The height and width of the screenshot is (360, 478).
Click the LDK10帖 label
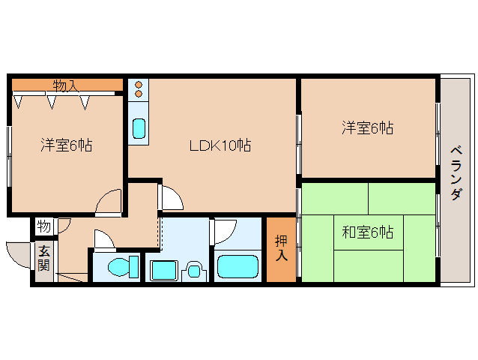pyautogui.click(x=219, y=145)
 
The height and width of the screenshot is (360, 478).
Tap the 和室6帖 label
pyautogui.click(x=367, y=232)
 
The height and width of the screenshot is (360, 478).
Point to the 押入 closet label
pyautogui.click(x=281, y=248)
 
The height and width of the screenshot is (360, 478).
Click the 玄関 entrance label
pyautogui.click(x=44, y=259)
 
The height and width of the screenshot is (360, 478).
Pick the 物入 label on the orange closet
pyautogui.click(x=65, y=85)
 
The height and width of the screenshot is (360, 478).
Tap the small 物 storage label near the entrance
pyautogui.click(x=44, y=226)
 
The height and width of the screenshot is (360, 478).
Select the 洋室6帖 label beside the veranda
pyautogui.click(x=367, y=128)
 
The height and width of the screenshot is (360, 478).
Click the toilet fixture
pyautogui.click(x=119, y=267)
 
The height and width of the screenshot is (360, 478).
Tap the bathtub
pyautogui.click(x=238, y=267)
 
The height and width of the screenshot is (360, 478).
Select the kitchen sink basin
pyautogui.click(x=139, y=127)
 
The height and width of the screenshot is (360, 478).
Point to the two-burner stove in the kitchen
pyautogui.click(x=139, y=91)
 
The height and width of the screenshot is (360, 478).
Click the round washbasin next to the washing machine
pyautogui.click(x=194, y=269)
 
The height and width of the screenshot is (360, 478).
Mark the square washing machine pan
pyautogui.click(x=163, y=269)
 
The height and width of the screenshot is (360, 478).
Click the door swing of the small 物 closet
pyautogui.click(x=64, y=223)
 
